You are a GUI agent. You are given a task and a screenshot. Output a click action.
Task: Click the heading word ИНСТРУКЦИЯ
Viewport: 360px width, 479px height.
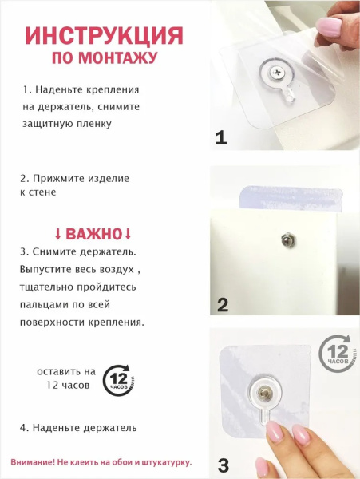click(x=104, y=36)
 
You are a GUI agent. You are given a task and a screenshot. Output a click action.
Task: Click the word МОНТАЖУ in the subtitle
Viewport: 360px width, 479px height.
click(x=118, y=57)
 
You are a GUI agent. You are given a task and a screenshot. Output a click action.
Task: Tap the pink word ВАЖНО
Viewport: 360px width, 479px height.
click(x=93, y=234)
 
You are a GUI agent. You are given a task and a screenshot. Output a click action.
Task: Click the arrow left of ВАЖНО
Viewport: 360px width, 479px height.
click(x=58, y=234)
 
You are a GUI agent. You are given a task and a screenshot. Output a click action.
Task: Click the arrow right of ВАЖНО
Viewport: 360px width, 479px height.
click(x=128, y=234)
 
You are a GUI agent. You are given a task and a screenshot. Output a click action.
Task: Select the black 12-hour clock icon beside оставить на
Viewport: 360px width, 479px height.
click(x=119, y=380)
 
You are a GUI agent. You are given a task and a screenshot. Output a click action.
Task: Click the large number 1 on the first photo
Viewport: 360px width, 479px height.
click(x=221, y=137)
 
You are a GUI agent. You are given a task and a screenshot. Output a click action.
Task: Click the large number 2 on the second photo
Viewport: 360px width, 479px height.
click(x=223, y=305)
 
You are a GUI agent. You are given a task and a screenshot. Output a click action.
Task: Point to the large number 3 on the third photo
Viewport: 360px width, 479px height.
click(x=224, y=465)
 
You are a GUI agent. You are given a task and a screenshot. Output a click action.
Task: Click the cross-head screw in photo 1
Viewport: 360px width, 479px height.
click(x=278, y=73)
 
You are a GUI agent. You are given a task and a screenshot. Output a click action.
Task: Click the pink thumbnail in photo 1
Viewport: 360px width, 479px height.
click(x=329, y=26)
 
